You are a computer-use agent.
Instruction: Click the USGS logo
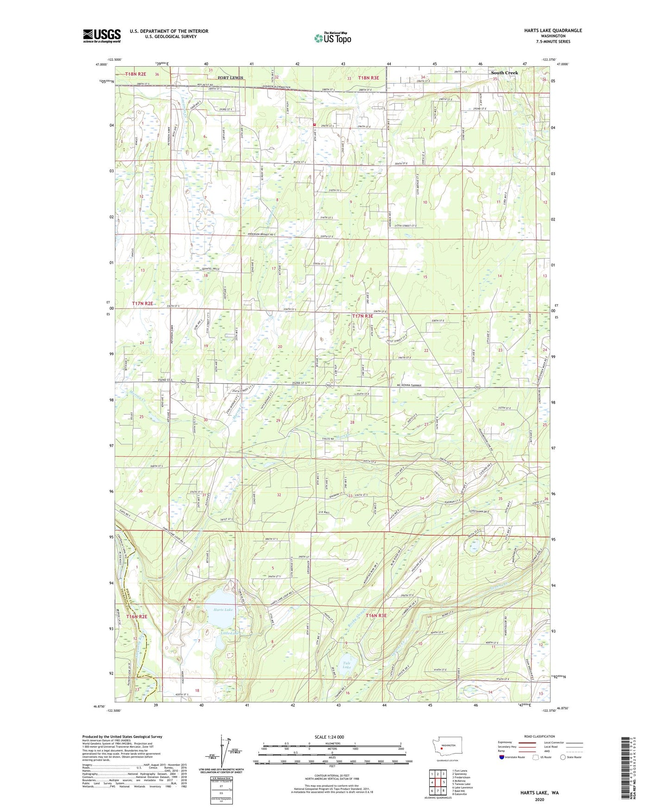point(102,36)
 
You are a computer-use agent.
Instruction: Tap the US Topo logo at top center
point(332,38)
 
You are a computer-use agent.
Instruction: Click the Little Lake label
point(230,632)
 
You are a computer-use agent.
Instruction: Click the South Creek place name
point(504,73)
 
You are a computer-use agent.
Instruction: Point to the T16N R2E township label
point(136,616)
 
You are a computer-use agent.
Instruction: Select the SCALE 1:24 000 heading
point(329,737)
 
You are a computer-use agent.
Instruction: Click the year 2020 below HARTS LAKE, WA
point(539,800)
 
